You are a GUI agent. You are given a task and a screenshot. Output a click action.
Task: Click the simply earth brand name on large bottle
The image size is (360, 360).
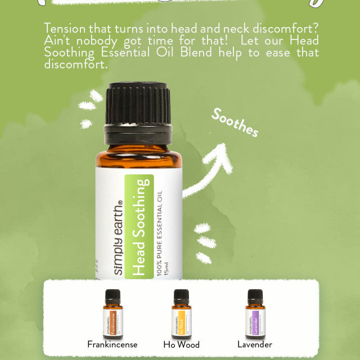click(119, 238)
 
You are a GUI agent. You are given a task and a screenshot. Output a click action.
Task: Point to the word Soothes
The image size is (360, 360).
click(235, 122)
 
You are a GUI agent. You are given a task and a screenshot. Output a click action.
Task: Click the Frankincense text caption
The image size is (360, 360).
click(112, 344)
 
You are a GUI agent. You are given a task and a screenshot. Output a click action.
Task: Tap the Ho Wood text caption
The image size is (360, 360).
click(182, 344)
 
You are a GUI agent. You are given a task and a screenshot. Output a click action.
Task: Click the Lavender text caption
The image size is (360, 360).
click(255, 344)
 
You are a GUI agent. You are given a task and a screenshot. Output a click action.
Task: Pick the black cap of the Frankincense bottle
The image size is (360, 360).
click(112, 295)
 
